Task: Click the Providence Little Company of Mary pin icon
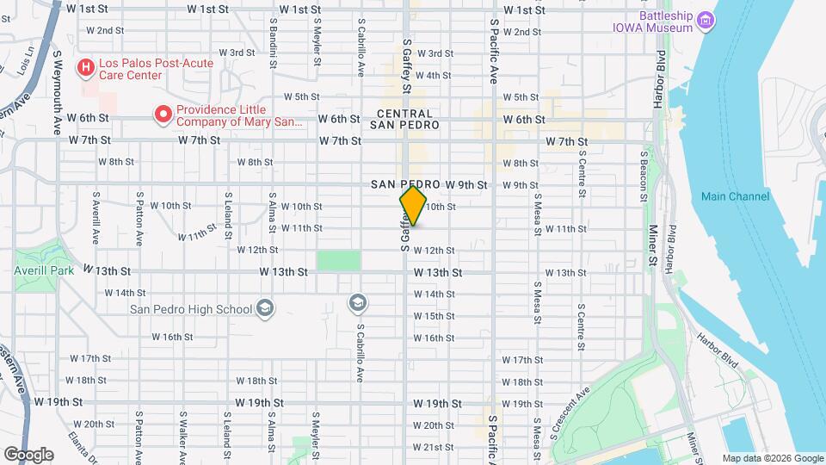161,113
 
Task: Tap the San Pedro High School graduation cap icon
266,308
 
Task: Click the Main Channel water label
735,196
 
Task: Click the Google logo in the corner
28,453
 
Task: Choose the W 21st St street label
433,447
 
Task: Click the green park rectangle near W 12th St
339,260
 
